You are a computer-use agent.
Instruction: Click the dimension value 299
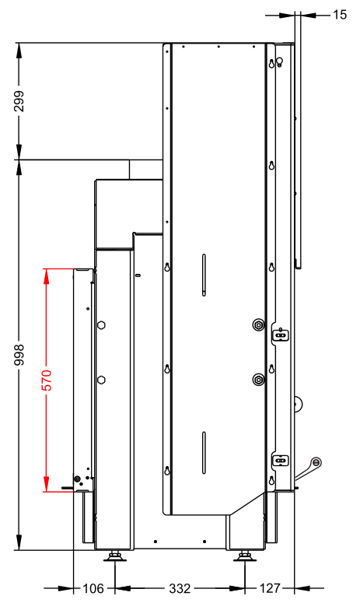[x=19, y=101]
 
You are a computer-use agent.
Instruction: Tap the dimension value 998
[x=19, y=355]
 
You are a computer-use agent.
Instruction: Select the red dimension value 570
[x=46, y=380]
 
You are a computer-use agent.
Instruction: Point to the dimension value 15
[x=339, y=15]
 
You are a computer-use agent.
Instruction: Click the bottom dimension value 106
[x=93, y=588]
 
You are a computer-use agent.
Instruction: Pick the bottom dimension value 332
[x=180, y=588]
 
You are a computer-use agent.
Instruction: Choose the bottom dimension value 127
[x=270, y=588]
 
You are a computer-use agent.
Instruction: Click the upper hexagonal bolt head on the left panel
[x=101, y=324]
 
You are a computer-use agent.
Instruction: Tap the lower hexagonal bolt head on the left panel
[x=101, y=380]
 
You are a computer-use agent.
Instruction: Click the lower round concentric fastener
[x=258, y=380]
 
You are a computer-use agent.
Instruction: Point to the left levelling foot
[x=115, y=557]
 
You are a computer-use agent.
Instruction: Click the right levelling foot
[x=244, y=557]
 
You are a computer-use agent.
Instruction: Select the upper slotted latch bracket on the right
[x=280, y=335]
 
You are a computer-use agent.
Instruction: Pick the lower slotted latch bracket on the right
[x=280, y=461]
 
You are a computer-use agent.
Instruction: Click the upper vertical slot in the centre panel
[x=204, y=275]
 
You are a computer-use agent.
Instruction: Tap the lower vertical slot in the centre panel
[x=204, y=453]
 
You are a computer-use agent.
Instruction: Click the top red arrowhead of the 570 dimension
[x=46, y=276]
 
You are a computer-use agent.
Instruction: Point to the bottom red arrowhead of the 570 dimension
[x=46, y=484]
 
